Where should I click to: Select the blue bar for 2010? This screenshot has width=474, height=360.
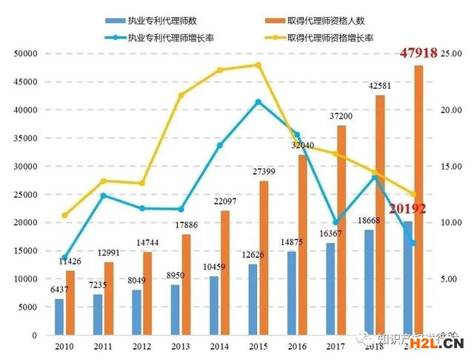tap(59, 316)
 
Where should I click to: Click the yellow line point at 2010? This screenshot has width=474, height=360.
tap(64, 216)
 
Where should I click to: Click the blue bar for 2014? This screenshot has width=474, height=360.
tap(214, 305)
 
